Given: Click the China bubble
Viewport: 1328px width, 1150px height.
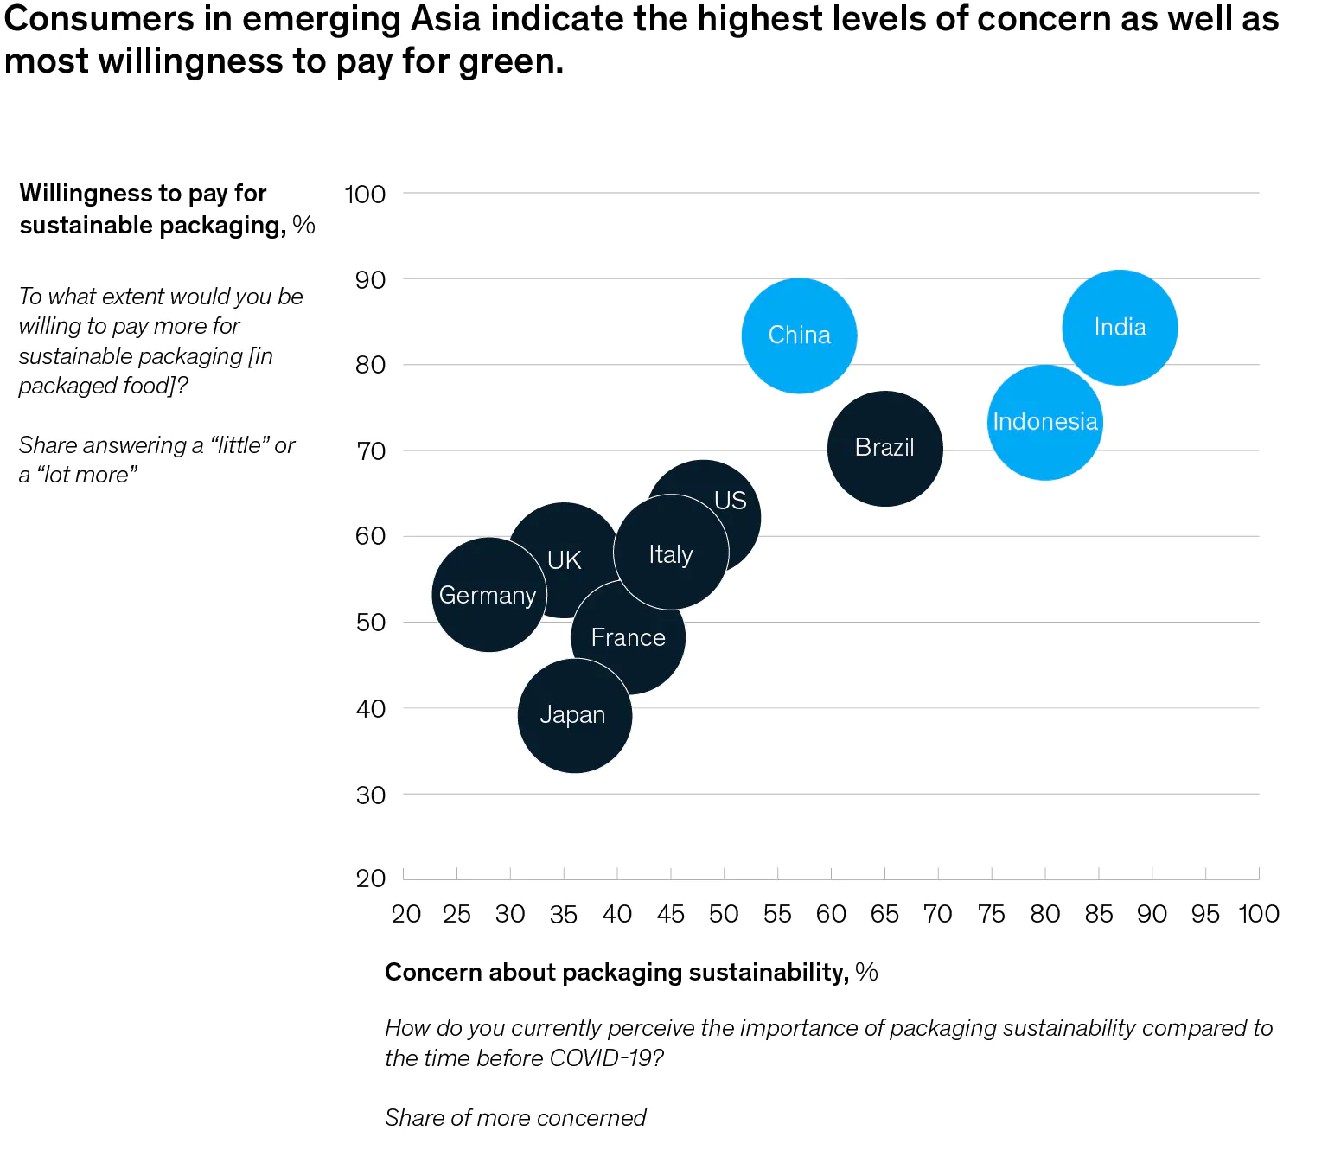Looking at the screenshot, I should (x=799, y=335).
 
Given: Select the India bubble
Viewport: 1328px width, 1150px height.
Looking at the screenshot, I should (x=1120, y=328).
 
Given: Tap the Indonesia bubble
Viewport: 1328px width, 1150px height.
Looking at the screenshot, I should (x=1044, y=422).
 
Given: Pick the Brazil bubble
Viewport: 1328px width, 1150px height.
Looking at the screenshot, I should (x=884, y=448).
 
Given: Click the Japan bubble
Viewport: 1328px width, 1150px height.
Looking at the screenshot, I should (x=574, y=716).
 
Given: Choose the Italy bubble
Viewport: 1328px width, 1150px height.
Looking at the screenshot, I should (x=671, y=553).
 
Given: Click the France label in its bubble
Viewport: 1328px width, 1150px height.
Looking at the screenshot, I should (x=629, y=638).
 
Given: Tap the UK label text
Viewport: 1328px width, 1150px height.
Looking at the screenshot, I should (x=564, y=560).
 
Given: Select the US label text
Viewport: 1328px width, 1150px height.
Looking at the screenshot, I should (x=731, y=501).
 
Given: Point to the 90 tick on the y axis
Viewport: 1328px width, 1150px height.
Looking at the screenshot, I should (x=370, y=279).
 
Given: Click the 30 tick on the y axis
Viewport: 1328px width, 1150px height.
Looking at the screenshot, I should (x=370, y=795).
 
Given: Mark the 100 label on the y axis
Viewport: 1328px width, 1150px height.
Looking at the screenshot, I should (x=365, y=194).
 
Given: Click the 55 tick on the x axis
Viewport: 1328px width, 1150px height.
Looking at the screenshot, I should (x=777, y=914).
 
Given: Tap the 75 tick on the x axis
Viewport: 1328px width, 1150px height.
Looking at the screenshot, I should (x=991, y=914).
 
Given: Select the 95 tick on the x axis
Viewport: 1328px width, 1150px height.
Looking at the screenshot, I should (x=1205, y=914).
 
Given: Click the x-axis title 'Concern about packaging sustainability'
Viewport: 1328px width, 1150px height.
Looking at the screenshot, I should (x=616, y=973).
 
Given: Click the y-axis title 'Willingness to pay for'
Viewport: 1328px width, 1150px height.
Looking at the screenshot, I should (x=143, y=193).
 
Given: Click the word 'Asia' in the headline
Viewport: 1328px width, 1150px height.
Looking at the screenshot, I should (x=444, y=19).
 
